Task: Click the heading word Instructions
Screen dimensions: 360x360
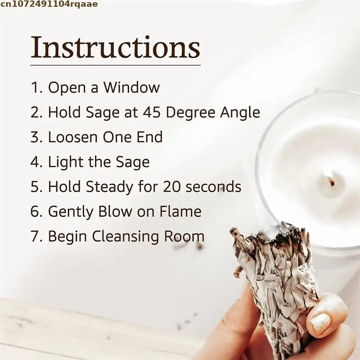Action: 115,48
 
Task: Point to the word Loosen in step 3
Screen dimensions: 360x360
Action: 72,137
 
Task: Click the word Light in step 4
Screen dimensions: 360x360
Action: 63,162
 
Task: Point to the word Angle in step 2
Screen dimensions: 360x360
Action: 240,112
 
